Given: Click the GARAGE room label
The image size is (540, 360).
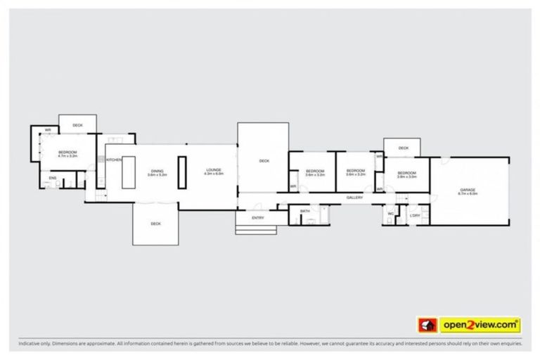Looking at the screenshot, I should point(468,191).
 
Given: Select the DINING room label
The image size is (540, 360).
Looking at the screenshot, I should point(157,171).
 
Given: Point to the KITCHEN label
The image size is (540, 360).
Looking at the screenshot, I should point(114,161).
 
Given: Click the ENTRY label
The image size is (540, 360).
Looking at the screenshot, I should point(258,218).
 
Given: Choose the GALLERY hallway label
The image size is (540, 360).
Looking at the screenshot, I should point(354,198).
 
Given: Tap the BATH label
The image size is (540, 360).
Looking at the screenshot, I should point(304,211).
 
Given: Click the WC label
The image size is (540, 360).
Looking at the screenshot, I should point(391,214).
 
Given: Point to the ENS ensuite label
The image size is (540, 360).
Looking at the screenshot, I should point(53,178).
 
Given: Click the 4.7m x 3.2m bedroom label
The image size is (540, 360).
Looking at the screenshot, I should point(67,154).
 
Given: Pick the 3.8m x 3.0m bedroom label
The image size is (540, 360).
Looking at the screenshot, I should point(406,174).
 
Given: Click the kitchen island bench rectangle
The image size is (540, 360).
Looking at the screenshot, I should point(129,172).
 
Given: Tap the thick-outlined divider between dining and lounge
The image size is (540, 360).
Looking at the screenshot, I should point(182,172).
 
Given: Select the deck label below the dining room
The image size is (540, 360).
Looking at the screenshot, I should point(156,224).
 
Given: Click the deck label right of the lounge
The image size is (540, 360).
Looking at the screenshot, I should point(264,161).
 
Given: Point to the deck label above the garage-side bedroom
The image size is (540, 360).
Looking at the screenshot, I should point(403,148).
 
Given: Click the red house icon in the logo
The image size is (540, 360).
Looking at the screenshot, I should point(426,326).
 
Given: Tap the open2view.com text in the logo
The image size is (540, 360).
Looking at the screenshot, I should point(480,325).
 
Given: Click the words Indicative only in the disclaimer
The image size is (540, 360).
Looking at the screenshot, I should point(34,345).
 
